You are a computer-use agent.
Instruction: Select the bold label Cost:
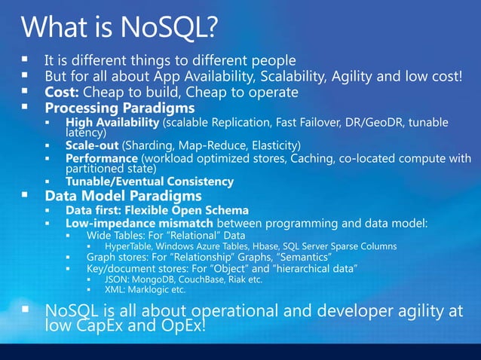[61, 92]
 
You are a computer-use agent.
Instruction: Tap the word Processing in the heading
[86, 108]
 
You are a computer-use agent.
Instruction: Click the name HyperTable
[130, 246]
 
